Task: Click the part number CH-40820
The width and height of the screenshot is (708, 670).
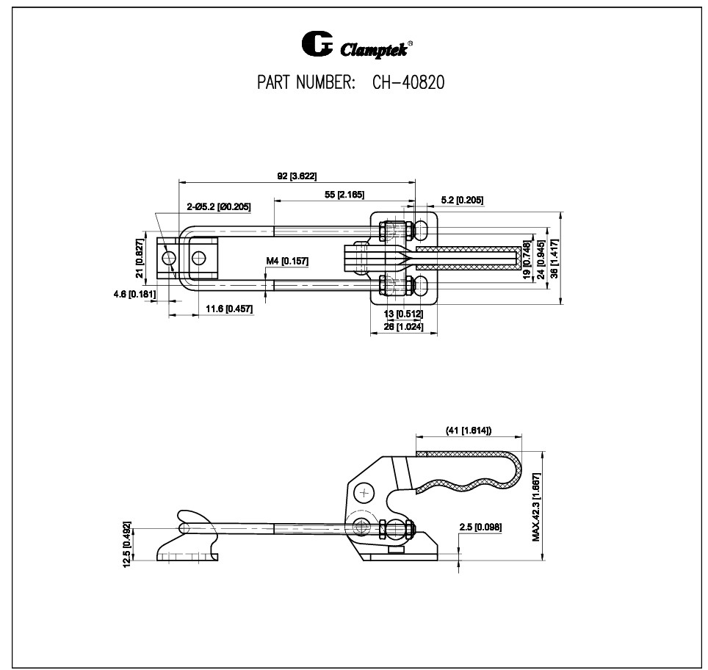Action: pyautogui.click(x=404, y=83)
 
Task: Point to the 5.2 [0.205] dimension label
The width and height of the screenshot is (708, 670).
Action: pyautogui.click(x=462, y=201)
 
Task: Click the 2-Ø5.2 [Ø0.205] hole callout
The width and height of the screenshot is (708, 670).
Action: pyautogui.click(x=218, y=206)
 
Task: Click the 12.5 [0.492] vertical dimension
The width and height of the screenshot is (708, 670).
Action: pyautogui.click(x=127, y=544)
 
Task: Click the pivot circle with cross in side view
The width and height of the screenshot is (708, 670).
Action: pyautogui.click(x=364, y=491)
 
